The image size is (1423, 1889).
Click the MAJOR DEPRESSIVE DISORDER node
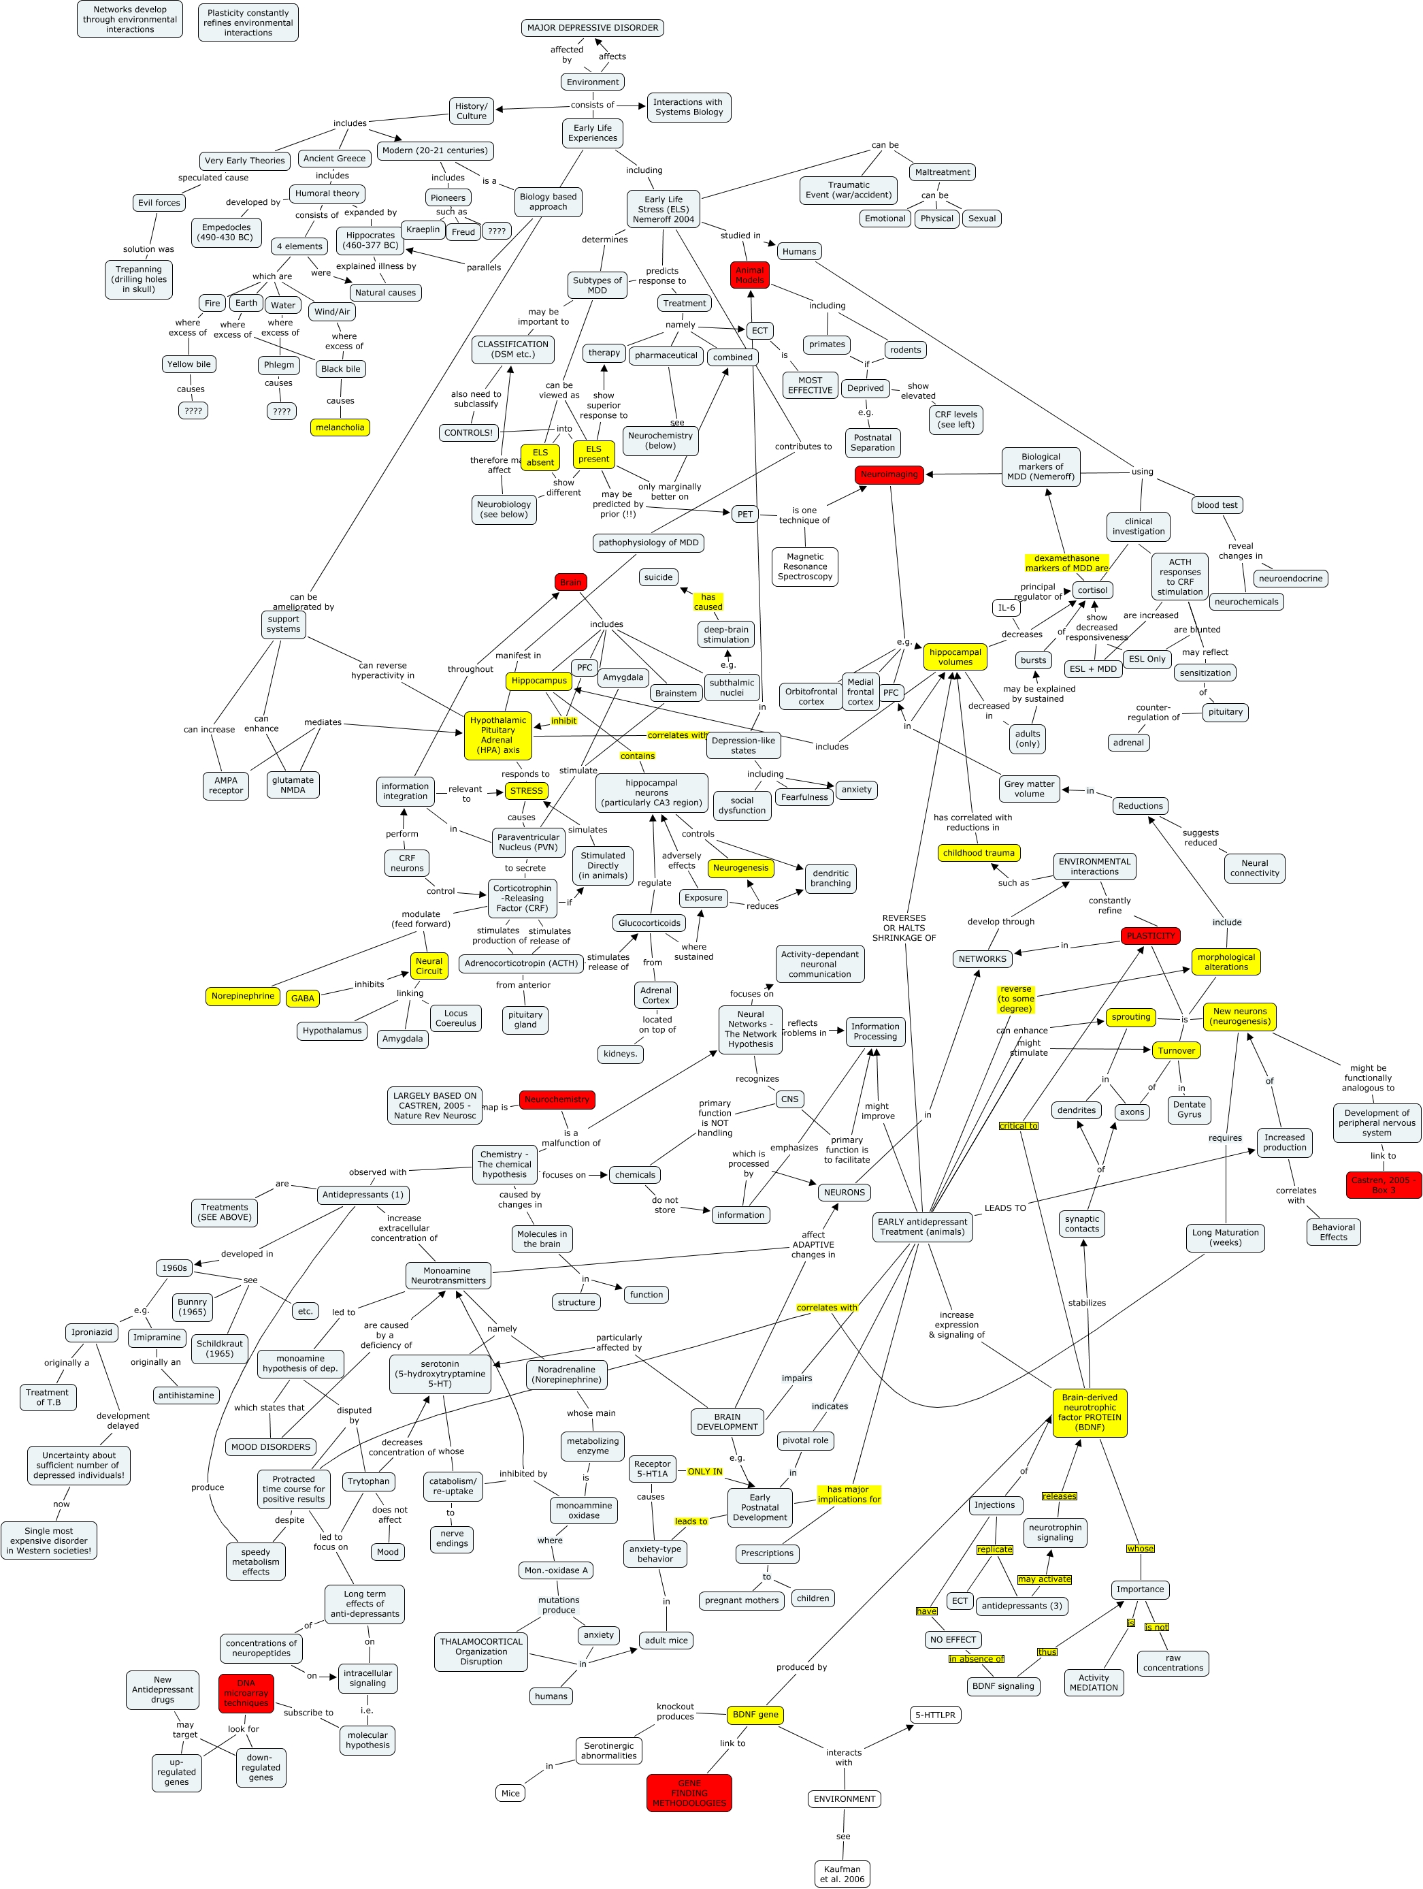(x=593, y=28)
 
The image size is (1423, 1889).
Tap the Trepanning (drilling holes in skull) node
(x=138, y=279)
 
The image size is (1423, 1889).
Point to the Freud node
(x=463, y=232)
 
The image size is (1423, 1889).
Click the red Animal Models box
(x=749, y=275)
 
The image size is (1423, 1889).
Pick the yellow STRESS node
(x=526, y=791)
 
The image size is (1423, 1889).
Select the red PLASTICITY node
(x=1150, y=936)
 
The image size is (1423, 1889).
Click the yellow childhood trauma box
(x=978, y=853)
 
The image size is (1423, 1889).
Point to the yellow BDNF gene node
(x=755, y=1714)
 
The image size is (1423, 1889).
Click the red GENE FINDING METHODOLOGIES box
(x=689, y=1792)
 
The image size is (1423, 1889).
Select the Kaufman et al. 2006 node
(x=842, y=1873)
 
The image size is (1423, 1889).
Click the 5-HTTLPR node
(x=936, y=1715)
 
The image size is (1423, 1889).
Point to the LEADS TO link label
(x=1004, y=1208)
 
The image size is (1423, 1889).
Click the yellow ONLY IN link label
(x=704, y=1472)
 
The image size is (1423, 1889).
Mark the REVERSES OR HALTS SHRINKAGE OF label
(x=903, y=927)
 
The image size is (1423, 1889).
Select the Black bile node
(x=340, y=369)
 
